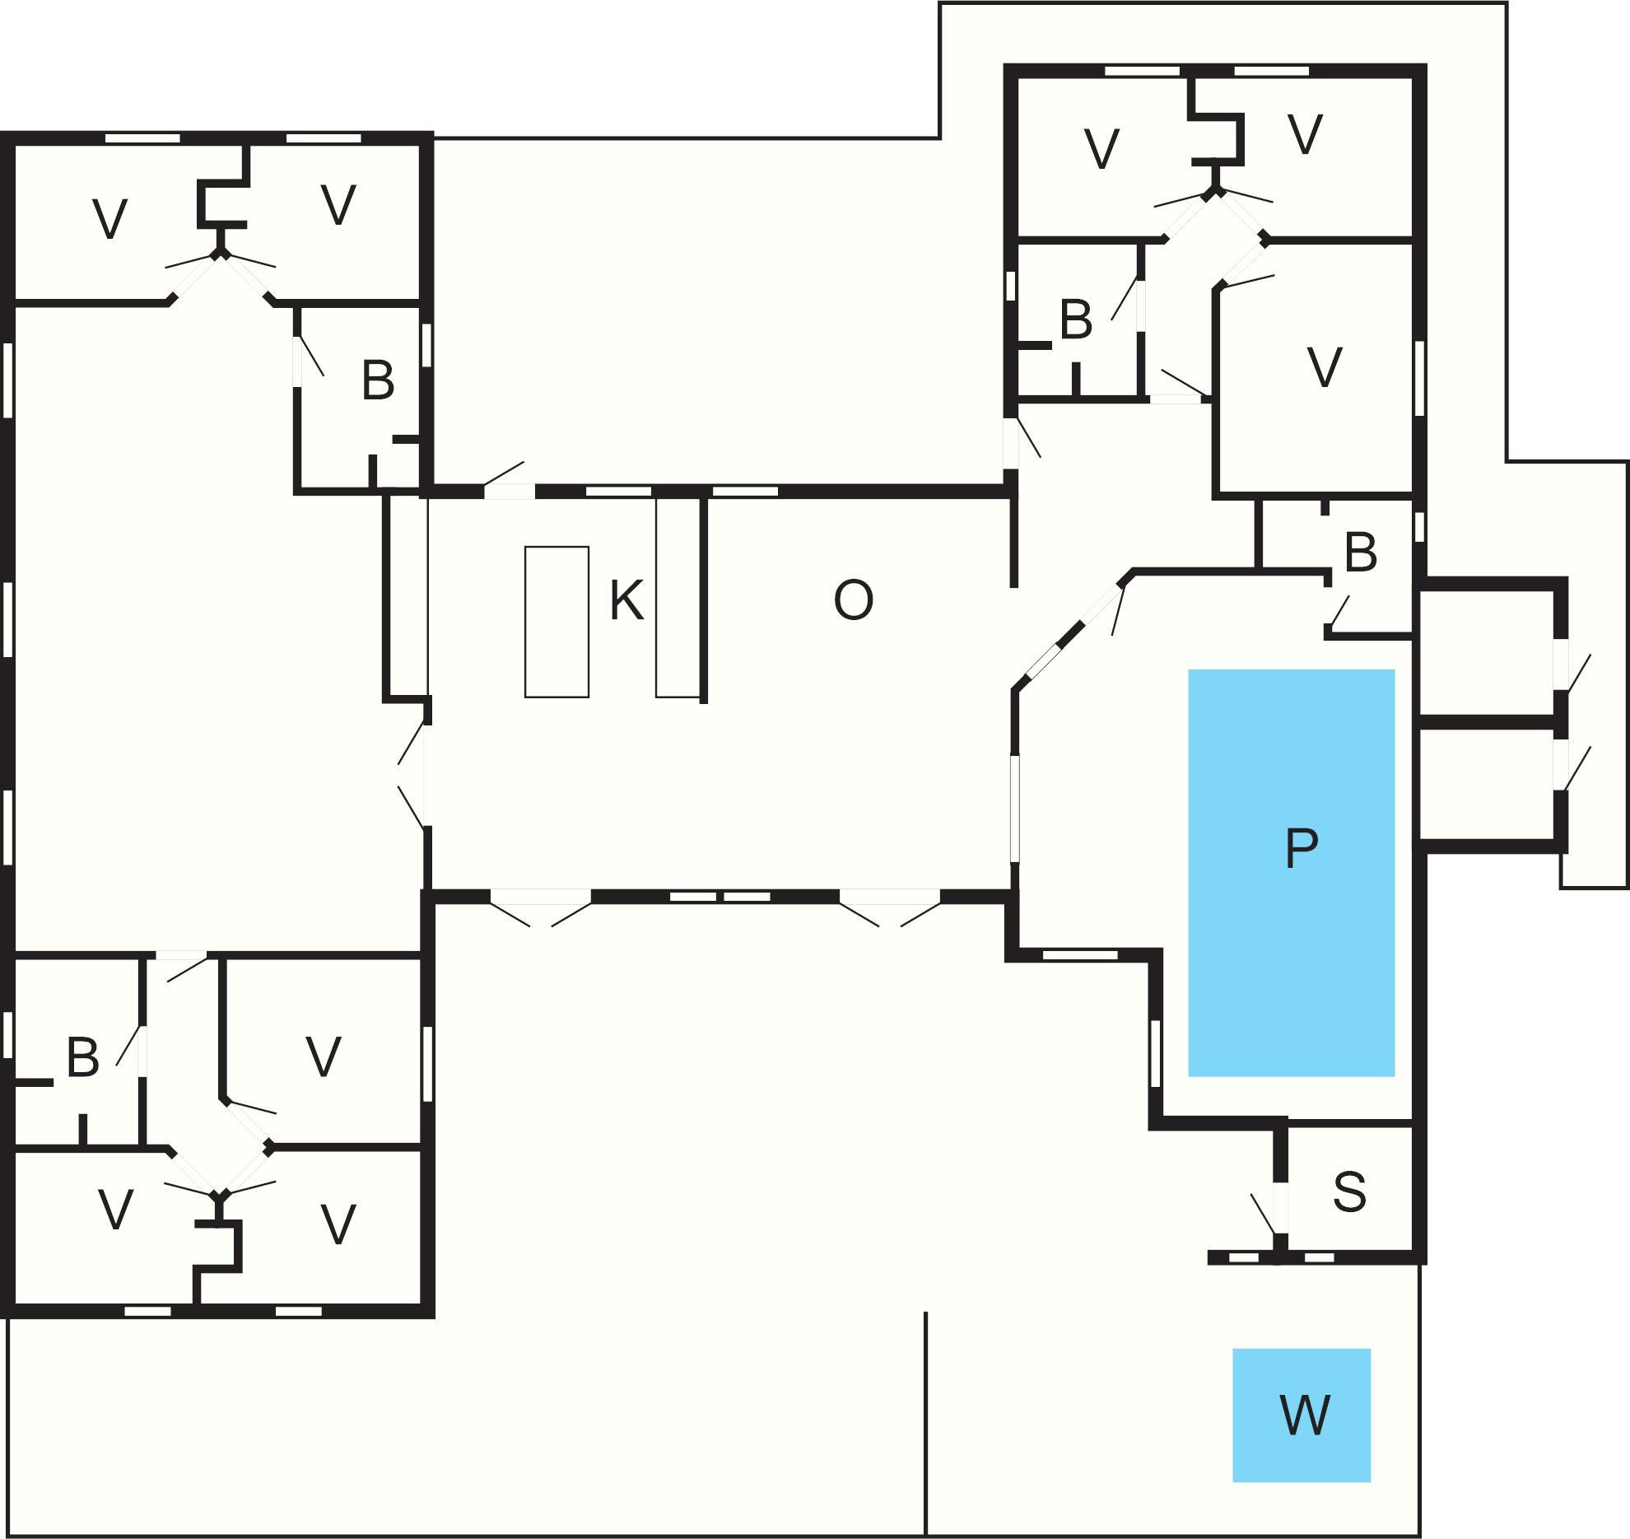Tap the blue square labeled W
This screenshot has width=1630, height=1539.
click(x=1301, y=1415)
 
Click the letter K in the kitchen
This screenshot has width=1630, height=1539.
click(x=626, y=600)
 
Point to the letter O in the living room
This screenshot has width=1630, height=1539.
click(x=853, y=600)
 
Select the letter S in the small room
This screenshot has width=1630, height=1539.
click(x=1349, y=1192)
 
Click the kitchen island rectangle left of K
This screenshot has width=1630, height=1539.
click(x=557, y=622)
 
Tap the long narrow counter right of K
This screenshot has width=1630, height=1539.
click(x=677, y=597)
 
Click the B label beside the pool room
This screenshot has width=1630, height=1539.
click(x=1360, y=553)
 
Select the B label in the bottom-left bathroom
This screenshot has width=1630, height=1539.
click(x=82, y=1057)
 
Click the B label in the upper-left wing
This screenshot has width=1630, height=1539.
click(x=378, y=381)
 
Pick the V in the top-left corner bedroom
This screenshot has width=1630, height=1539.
click(x=110, y=220)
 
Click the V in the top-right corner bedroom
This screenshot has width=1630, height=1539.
click(x=1305, y=134)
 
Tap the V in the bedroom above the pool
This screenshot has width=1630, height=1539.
click(x=1325, y=367)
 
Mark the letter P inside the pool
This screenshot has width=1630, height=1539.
click(x=1302, y=848)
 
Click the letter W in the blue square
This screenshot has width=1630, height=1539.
click(x=1306, y=1415)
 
